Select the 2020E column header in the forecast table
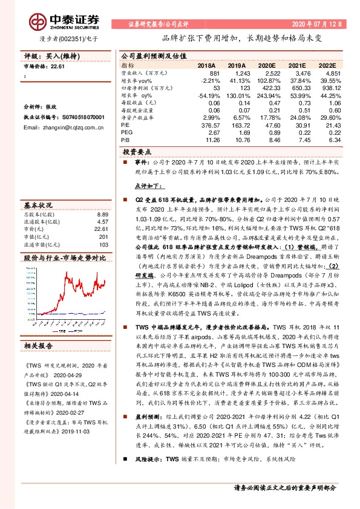point(267,65)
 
